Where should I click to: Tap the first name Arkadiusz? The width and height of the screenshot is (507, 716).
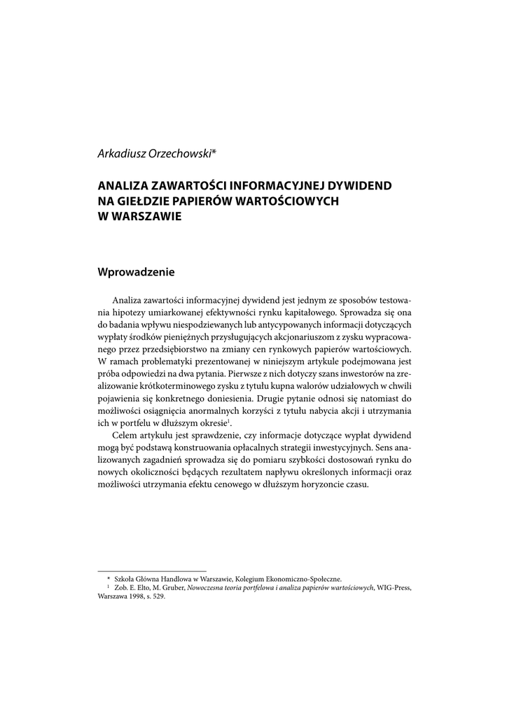tap(120, 153)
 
